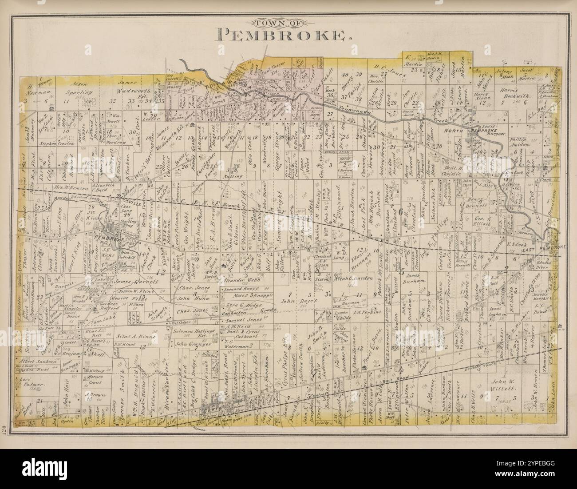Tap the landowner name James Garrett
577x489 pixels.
pos(131,281)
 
